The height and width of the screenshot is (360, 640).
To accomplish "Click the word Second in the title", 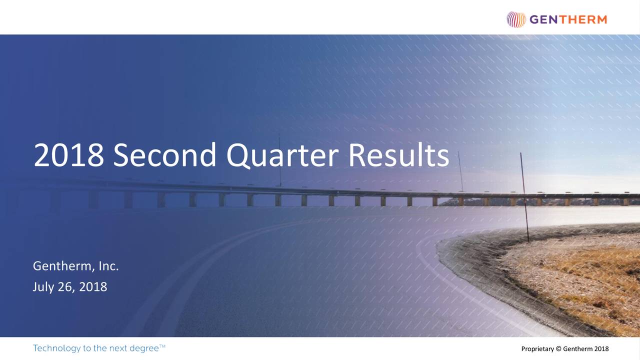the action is click(164, 155).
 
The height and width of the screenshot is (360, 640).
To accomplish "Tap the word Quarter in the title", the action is click(282, 156).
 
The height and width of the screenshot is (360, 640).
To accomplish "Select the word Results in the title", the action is click(399, 155).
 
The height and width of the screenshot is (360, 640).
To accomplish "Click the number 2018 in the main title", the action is click(68, 155).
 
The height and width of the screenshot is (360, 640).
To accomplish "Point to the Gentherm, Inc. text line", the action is click(75, 266).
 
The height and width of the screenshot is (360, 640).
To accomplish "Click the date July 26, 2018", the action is click(70, 287).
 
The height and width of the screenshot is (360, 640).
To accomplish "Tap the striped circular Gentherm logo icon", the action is click(516, 19).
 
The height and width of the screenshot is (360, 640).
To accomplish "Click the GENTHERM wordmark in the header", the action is click(568, 19).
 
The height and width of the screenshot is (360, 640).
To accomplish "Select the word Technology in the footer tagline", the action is click(56, 348).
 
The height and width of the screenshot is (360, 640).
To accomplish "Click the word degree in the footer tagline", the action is click(144, 348).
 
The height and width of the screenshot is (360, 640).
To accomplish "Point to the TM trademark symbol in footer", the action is click(162, 346).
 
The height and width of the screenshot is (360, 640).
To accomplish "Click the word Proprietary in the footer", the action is click(537, 349).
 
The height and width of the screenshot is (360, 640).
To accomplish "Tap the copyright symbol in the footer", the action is click(558, 348).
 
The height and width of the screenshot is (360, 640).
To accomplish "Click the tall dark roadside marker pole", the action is click(524, 197).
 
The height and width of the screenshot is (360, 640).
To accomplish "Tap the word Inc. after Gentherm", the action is click(108, 266).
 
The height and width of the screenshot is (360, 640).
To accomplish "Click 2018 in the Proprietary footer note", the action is click(601, 348).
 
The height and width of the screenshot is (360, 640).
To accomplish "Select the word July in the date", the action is click(43, 287).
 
